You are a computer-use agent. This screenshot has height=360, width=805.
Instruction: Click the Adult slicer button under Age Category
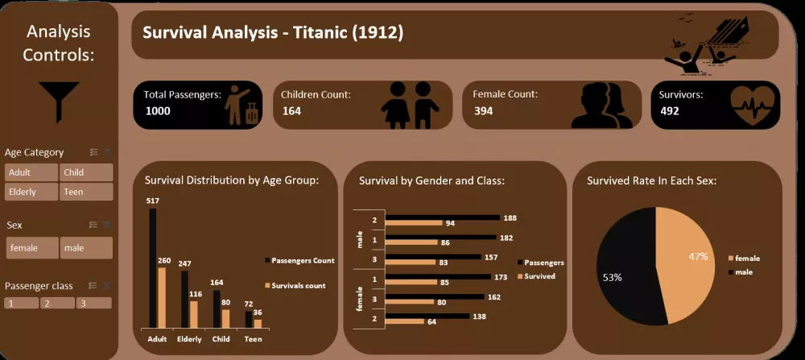coord(31,172)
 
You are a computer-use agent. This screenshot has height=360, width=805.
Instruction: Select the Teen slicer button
coord(85,192)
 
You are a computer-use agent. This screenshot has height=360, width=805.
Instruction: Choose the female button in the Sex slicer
coord(32,248)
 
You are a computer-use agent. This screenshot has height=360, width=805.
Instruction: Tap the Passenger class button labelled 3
coord(93,304)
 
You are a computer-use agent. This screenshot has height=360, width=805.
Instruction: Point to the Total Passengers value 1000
coord(158,111)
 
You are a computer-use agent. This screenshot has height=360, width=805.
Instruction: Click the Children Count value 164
coord(291,111)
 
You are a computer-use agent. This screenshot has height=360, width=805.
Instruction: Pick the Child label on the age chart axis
coord(221,339)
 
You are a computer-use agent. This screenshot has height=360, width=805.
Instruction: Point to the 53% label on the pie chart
coord(612,277)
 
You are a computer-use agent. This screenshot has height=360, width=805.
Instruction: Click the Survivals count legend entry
coord(295,286)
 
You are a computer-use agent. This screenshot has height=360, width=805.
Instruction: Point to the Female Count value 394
coord(483,111)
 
